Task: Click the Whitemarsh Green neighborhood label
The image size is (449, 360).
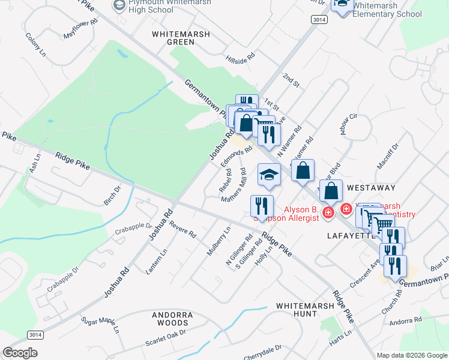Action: click(x=181, y=38)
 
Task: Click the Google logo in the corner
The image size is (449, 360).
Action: click(x=20, y=353)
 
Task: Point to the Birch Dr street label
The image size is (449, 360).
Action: click(x=112, y=195)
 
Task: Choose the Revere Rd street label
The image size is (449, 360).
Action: click(x=182, y=230)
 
